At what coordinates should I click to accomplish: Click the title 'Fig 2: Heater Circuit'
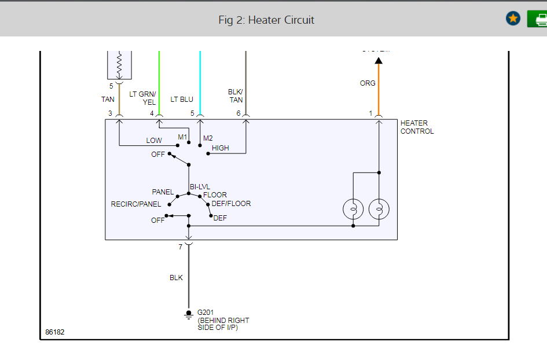coord(266,20)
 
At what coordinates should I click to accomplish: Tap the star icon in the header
coord(513,19)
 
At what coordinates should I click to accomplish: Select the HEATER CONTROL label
coord(417,127)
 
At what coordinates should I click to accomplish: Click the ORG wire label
coord(368,83)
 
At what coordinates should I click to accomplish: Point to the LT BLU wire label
coord(182,100)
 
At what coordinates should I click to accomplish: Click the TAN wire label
coord(108,100)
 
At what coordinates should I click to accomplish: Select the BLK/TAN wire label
coord(236,95)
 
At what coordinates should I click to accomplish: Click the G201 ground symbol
coord(188,314)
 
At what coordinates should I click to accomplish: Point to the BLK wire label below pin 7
coord(176,278)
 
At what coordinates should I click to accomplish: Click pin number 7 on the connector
coord(180,247)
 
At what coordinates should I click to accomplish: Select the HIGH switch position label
coord(220,148)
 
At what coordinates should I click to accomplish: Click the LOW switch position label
coord(154,141)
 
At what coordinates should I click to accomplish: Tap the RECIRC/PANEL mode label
coord(136,204)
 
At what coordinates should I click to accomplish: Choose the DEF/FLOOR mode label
coord(232,204)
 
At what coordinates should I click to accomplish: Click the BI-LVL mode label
coord(200,186)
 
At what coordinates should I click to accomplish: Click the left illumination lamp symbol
coord(353,209)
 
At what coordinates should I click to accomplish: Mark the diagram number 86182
coord(55,333)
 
